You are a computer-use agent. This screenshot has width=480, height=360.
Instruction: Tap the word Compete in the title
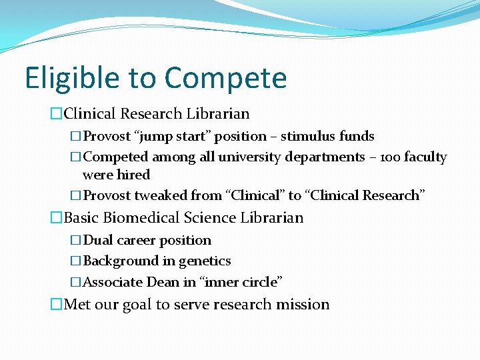[x=225, y=78]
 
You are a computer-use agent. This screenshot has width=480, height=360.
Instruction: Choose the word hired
[x=133, y=175]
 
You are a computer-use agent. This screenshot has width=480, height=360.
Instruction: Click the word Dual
[x=98, y=240]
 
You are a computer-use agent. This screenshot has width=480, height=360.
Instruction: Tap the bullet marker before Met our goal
[x=57, y=305]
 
